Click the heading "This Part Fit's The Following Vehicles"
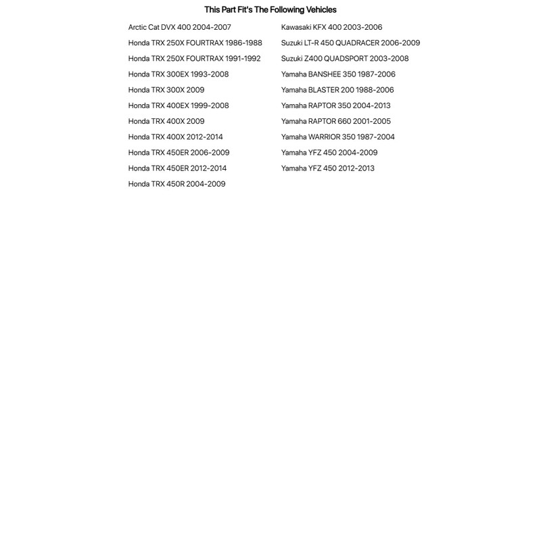point(270,9)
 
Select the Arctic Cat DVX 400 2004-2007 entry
point(179,27)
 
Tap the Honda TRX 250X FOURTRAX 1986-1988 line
point(195,43)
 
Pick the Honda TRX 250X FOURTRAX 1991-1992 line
point(194,58)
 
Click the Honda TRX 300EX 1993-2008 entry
point(179,74)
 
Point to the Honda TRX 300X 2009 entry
point(166,90)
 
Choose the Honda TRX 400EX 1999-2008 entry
point(179,105)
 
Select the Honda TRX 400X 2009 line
point(166,121)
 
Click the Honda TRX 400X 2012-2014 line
point(175,137)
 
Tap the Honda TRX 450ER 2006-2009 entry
point(179,152)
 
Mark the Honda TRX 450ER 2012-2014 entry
point(177,168)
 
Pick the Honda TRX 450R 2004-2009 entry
point(177,184)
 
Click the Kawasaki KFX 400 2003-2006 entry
point(331,27)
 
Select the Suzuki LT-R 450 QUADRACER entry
point(350,43)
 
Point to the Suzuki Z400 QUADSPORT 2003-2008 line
point(345,58)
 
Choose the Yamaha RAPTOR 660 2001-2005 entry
point(335,121)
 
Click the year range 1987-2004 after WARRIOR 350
point(376,137)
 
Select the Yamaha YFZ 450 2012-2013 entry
point(327,168)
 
